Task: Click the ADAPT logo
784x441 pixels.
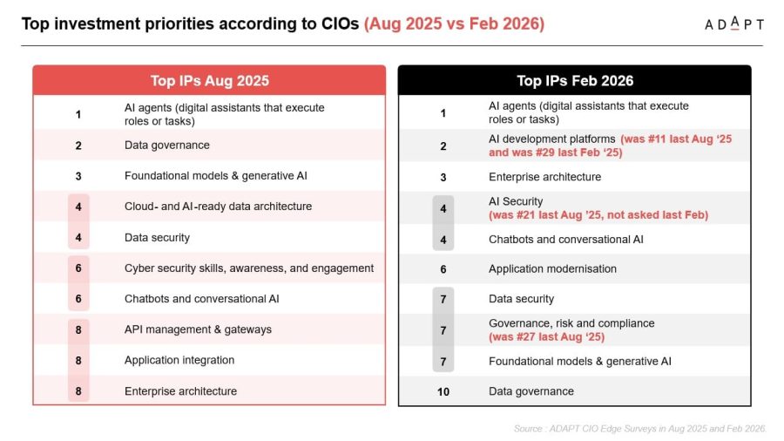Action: coord(734,24)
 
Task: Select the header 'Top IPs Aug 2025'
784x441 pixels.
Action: coord(209,80)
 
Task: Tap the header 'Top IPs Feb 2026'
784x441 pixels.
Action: coord(575,80)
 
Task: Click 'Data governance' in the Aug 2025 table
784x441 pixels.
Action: coord(167,145)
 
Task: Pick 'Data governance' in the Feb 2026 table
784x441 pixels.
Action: coord(531,391)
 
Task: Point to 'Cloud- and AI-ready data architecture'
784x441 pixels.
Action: coord(218,206)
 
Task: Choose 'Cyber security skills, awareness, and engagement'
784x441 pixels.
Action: coord(249,268)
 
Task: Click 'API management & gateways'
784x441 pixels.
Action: coord(198,329)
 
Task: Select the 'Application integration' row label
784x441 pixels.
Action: coord(179,360)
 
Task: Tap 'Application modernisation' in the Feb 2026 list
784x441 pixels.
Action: coord(552,268)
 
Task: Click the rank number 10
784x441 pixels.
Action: coord(443,391)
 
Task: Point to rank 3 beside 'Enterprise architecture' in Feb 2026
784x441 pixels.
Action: coord(443,178)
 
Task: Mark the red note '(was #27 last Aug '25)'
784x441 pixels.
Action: coord(546,337)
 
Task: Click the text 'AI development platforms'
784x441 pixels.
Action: coord(552,139)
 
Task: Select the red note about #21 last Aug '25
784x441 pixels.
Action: coord(598,215)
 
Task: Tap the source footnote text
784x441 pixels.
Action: coord(639,429)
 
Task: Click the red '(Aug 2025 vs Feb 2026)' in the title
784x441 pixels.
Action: coord(454,24)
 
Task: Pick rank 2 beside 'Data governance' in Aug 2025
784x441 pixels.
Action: coord(78,146)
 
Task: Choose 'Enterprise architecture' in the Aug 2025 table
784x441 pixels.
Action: coord(180,391)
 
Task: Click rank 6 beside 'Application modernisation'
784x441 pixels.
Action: coord(443,269)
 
